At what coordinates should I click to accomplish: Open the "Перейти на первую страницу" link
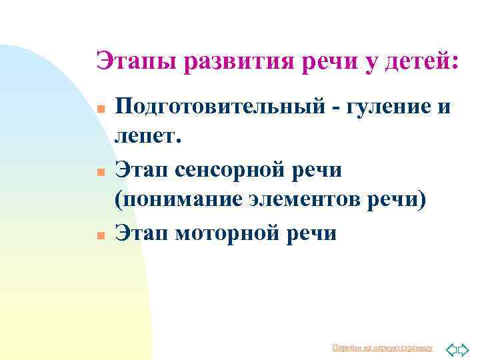pyautogui.click(x=382, y=348)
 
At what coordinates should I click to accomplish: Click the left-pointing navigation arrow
pyautogui.click(x=451, y=349)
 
